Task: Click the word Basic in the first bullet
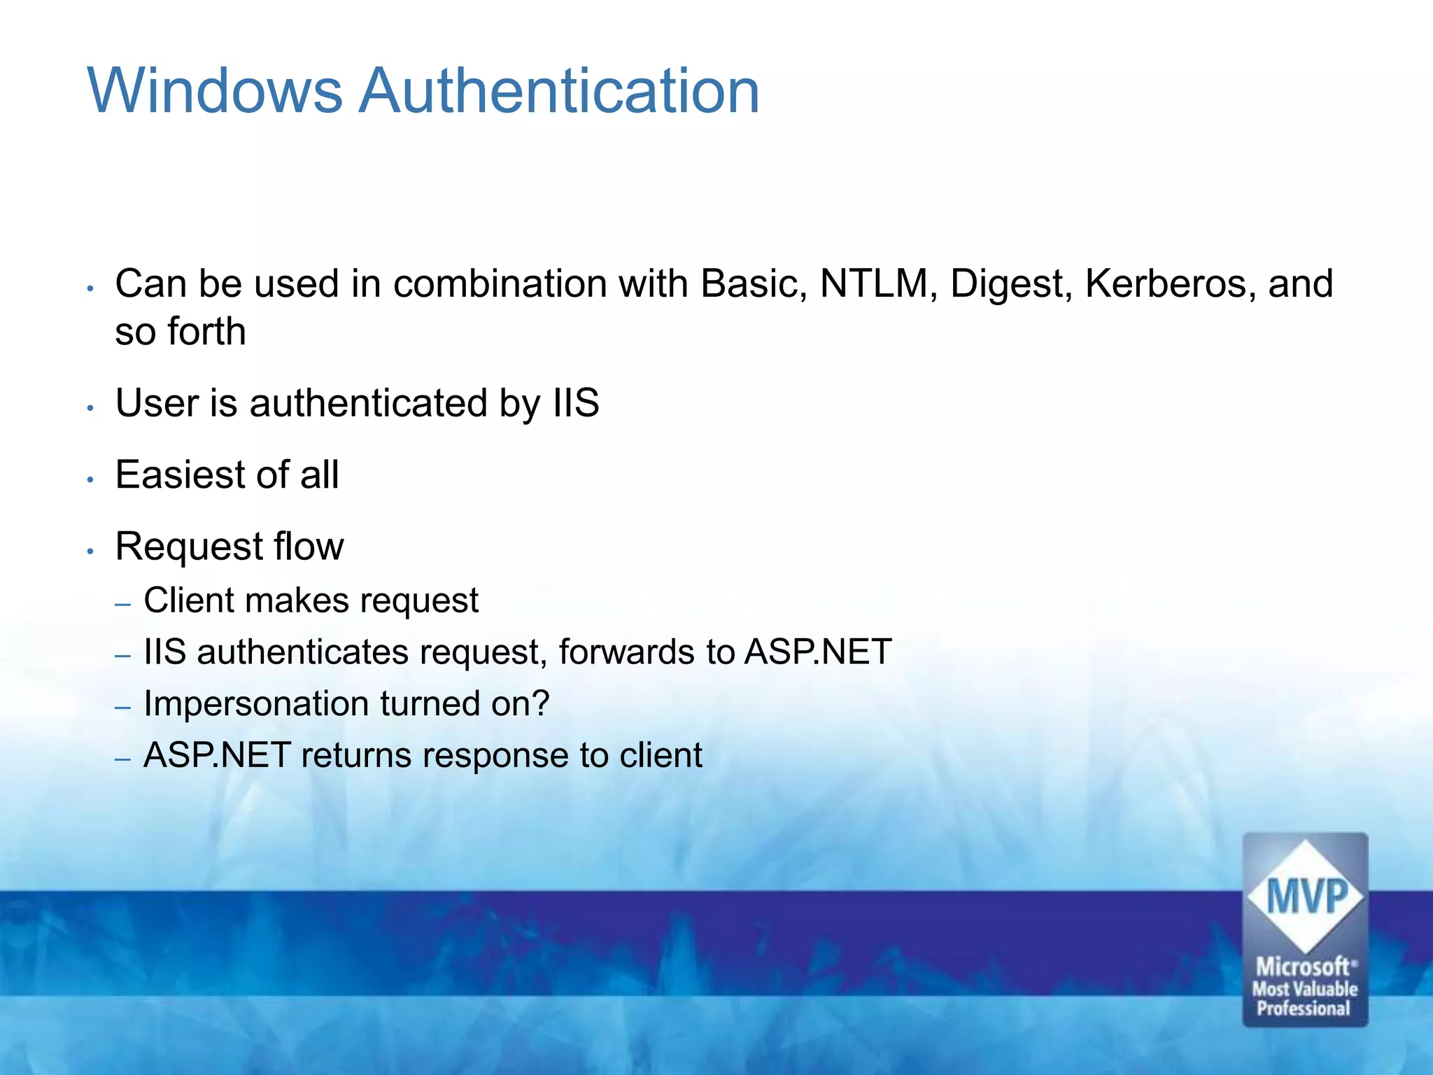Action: (752, 284)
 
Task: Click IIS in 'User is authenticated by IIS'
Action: (575, 403)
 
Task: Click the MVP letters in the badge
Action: (1306, 897)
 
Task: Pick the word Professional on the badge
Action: (1304, 1009)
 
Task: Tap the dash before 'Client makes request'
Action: (123, 604)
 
